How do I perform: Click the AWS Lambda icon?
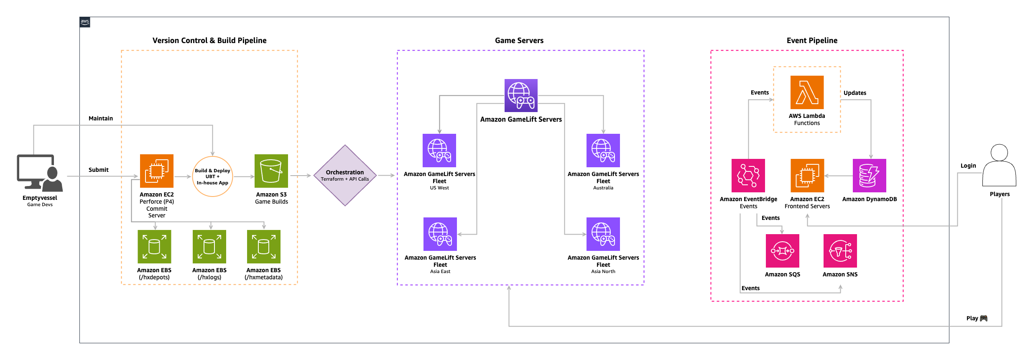coord(807,92)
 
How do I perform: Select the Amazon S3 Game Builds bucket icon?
coord(271,171)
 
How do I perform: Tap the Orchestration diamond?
coord(345,176)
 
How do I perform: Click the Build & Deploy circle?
coord(212,176)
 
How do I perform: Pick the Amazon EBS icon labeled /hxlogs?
coord(209,247)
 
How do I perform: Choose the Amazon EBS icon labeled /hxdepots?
coord(154,247)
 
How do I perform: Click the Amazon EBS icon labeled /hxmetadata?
coord(263,247)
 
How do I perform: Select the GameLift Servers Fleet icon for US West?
coord(439,151)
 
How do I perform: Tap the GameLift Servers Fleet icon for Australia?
coord(603,151)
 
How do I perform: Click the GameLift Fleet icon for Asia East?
coord(440,234)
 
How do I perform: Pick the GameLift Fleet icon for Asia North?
coord(603,234)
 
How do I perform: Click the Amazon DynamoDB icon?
coord(869,176)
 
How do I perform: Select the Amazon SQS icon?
coord(782,251)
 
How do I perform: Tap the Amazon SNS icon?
coord(840,251)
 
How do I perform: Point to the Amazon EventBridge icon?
coord(748,176)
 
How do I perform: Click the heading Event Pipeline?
coord(812,41)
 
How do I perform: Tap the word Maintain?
coord(101,118)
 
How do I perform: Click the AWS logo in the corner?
coord(85,22)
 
